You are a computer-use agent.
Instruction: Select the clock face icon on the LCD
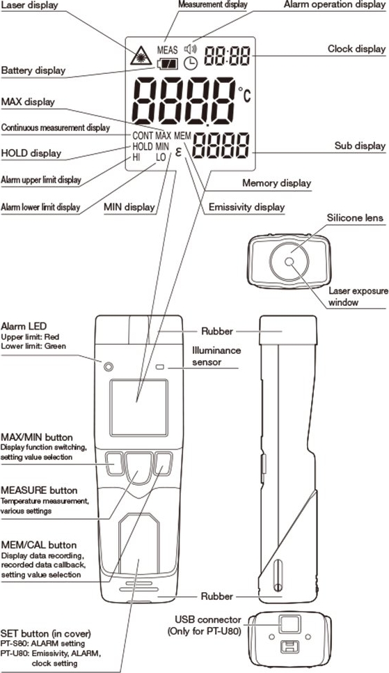[x=190, y=63]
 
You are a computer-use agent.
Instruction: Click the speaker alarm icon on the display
[x=190, y=49]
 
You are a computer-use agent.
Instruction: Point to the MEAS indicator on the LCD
[x=167, y=49]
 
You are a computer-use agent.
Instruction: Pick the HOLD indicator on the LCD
[x=143, y=146]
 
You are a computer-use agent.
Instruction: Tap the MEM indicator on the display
[x=183, y=136]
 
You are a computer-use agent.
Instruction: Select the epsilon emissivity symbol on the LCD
[x=178, y=152]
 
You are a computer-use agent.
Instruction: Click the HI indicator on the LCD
[x=136, y=157]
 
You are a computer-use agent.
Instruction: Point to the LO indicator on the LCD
[x=161, y=157]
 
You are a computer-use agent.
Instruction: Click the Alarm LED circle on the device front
[x=109, y=366]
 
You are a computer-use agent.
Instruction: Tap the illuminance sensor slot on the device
[x=161, y=367]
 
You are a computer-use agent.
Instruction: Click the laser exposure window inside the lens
[x=289, y=261]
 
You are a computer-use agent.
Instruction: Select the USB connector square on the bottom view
[x=289, y=624]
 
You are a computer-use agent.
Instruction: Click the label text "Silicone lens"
[x=355, y=217]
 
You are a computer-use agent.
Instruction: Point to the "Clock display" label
[x=356, y=49]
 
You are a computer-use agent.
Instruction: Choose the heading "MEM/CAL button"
[x=38, y=545]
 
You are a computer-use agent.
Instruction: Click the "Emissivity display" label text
[x=246, y=208]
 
